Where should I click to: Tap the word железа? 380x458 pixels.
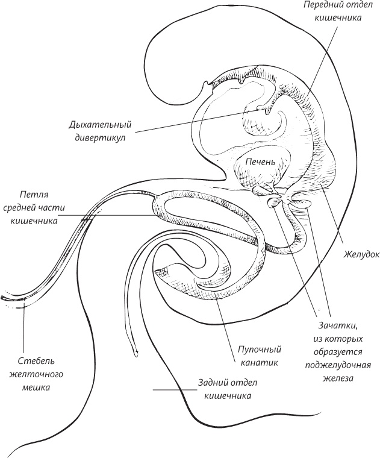338,378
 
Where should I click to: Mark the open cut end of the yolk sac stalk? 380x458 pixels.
4,297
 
